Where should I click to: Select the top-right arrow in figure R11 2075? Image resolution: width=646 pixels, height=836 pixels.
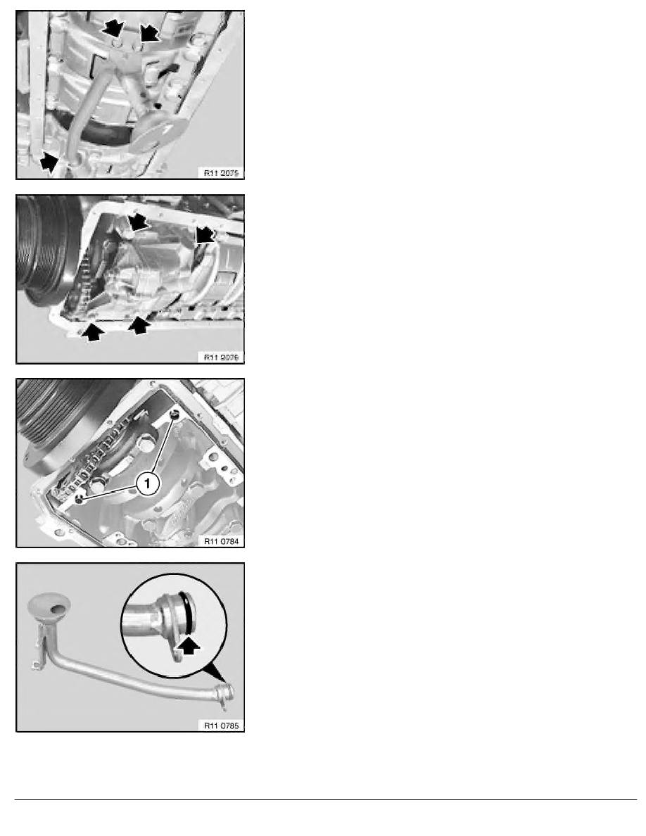point(149,32)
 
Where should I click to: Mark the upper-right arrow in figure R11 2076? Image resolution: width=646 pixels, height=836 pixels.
point(204,235)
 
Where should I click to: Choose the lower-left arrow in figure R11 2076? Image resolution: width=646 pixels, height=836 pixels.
point(92,331)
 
